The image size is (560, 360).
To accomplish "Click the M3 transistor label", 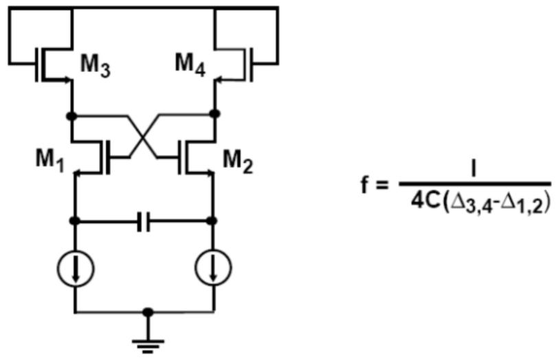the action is pyautogui.click(x=96, y=66).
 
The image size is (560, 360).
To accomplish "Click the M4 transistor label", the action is pyautogui.click(x=190, y=65).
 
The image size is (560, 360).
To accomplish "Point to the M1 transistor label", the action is pyautogui.click(x=50, y=160).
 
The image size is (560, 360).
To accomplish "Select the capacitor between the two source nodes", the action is pyautogui.click(x=144, y=221).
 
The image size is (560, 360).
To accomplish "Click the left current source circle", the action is pyautogui.click(x=76, y=268).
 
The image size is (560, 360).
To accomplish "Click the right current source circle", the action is pyautogui.click(x=213, y=267).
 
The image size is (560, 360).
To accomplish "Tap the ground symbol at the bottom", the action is pyautogui.click(x=148, y=346).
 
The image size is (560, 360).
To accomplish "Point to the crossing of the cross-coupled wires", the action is pyautogui.click(x=143, y=136).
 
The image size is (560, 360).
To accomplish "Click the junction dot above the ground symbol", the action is pyautogui.click(x=148, y=313).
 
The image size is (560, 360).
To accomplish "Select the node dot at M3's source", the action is pyautogui.click(x=71, y=116).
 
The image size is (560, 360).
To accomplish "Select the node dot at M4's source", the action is pyautogui.click(x=214, y=114).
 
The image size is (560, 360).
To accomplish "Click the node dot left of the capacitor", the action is pyautogui.click(x=75, y=221).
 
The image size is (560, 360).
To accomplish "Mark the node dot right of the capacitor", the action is pyautogui.click(x=212, y=221).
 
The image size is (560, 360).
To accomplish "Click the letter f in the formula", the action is pyautogui.click(x=365, y=185).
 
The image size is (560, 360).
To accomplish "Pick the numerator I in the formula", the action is pyautogui.click(x=474, y=169).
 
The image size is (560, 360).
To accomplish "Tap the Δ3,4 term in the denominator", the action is pyautogui.click(x=473, y=204).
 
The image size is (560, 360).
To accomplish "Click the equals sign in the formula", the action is pyautogui.click(x=381, y=185).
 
